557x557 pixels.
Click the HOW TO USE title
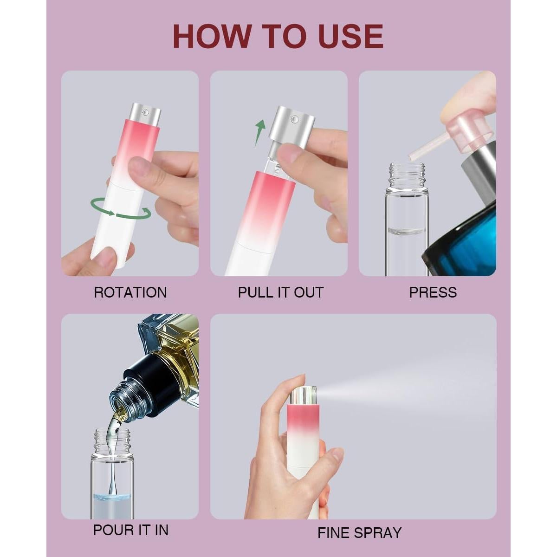point(278,36)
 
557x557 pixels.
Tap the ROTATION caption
point(130,292)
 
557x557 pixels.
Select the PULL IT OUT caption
point(280,292)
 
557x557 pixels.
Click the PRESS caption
point(433,292)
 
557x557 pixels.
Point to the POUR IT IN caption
point(130,530)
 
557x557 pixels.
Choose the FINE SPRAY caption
point(359,533)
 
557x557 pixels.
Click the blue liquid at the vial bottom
point(112,505)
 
